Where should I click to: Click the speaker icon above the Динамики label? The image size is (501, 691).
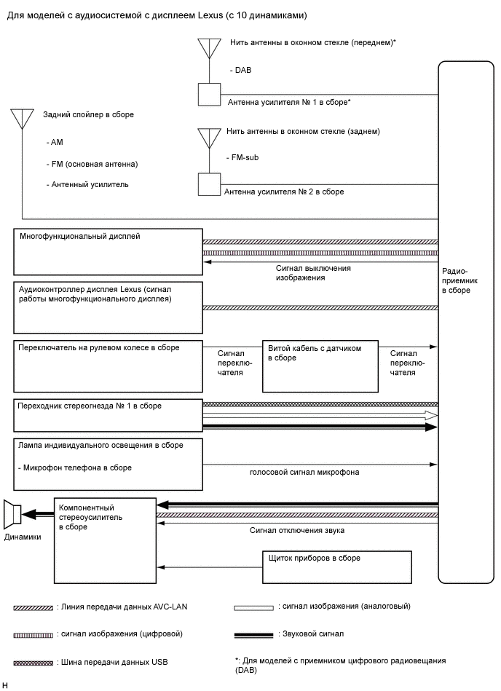click(12, 515)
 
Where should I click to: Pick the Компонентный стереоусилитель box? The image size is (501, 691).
click(105, 540)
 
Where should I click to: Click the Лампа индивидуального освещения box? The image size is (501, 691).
click(109, 463)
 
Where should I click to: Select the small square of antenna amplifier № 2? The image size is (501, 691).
click(209, 184)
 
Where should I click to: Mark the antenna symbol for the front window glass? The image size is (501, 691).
click(209, 48)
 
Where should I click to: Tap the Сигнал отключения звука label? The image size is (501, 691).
click(297, 531)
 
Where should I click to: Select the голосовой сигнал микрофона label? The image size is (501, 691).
click(304, 472)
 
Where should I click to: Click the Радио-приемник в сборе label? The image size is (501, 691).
click(456, 280)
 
